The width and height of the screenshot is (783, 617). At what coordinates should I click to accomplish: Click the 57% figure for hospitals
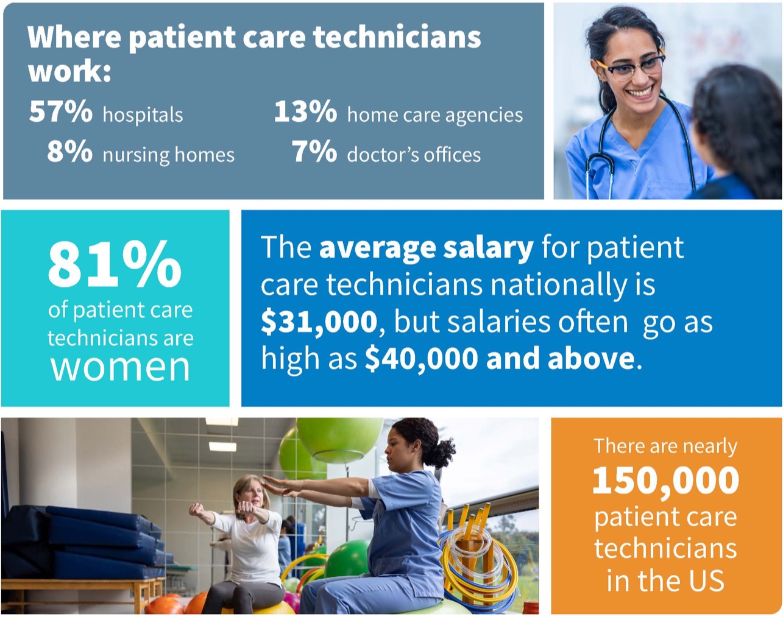60,112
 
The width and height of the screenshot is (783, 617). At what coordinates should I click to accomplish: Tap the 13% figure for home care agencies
305,112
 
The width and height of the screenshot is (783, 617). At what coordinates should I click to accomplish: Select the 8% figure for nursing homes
69,152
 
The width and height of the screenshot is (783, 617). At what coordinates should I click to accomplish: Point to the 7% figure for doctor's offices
314,152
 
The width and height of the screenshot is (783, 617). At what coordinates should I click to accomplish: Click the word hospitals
143,115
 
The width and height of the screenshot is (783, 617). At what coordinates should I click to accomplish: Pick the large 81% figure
115,264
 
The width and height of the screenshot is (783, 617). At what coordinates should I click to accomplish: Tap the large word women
120,367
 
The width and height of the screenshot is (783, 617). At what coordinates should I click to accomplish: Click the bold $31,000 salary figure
319,322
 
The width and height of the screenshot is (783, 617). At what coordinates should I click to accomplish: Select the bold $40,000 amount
422,359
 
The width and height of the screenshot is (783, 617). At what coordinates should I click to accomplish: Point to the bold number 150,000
665,481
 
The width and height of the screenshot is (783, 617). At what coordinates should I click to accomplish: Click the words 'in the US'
665,580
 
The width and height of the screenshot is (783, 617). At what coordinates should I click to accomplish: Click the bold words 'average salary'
426,248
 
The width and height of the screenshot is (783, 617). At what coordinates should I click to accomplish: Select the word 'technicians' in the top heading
397,38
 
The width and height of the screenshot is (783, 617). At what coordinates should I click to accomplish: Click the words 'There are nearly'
665,446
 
